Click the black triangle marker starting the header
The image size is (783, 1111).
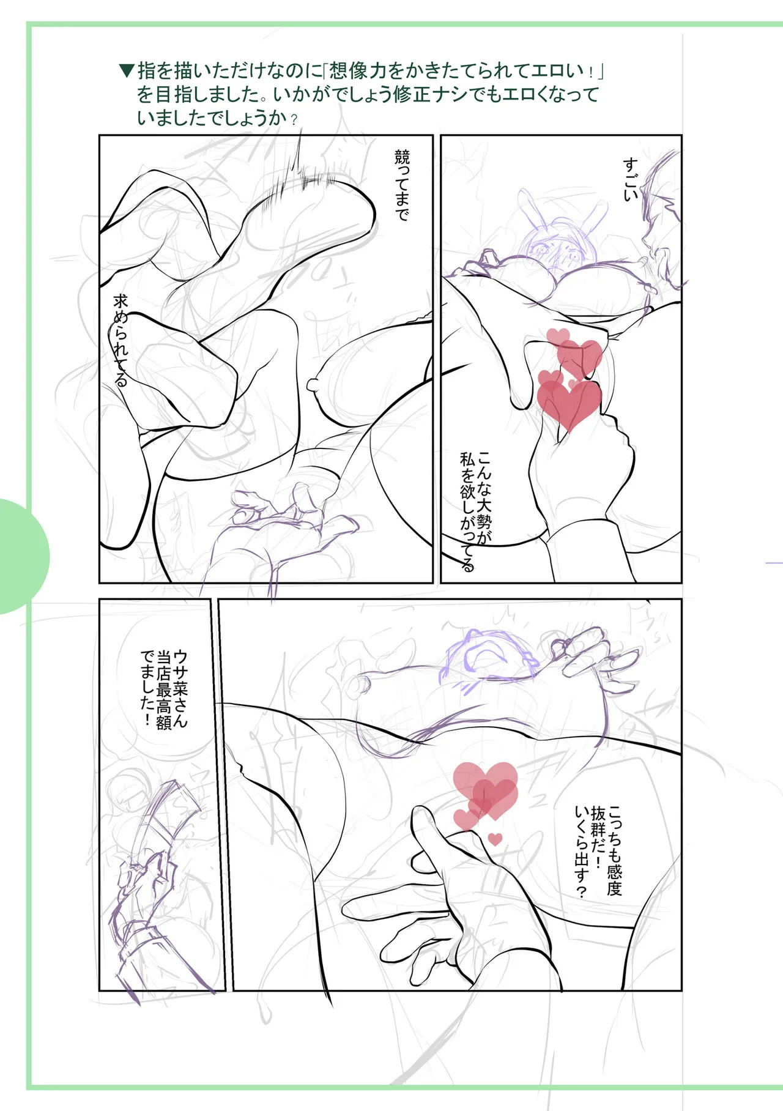[x=127, y=71]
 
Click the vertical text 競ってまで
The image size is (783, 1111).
[x=402, y=185]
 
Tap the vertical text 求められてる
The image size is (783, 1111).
[x=121, y=341]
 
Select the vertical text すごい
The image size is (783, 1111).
[x=631, y=179]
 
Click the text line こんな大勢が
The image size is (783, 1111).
[x=484, y=498]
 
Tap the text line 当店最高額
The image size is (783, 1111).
[x=163, y=690]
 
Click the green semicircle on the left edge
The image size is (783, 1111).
[x=24, y=556]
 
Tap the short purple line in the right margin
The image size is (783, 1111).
[x=774, y=562]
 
